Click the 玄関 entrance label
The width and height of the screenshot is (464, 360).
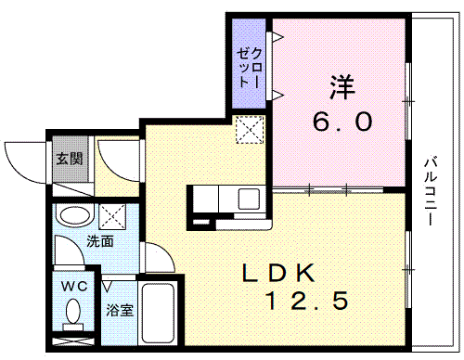(x=69, y=159)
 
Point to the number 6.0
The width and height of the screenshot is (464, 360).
(x=341, y=122)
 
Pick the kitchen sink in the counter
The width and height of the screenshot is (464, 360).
(x=250, y=198)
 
